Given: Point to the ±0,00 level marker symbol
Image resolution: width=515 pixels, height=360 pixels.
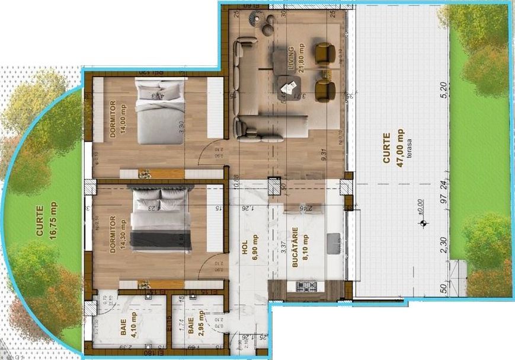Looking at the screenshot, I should click(x=423, y=223).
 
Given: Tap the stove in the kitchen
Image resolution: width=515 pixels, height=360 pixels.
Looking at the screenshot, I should click(x=306, y=287).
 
